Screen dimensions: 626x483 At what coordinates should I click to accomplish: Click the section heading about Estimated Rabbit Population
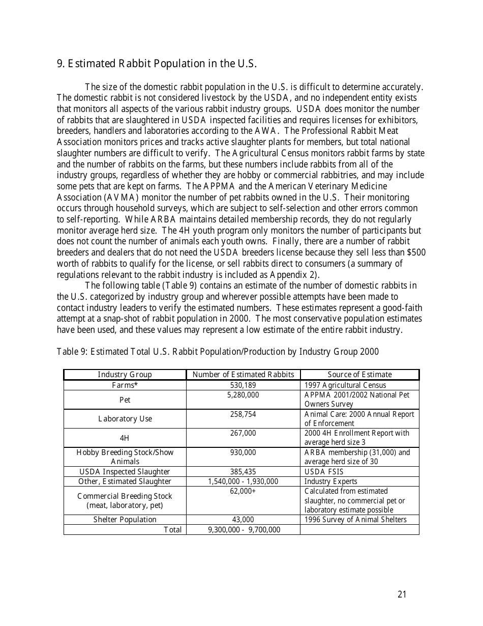tap(157, 64)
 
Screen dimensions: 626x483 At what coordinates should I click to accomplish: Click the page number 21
tap(402, 594)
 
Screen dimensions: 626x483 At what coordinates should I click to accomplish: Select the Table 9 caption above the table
tap(218, 352)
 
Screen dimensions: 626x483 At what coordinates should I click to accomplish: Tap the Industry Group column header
tap(125, 375)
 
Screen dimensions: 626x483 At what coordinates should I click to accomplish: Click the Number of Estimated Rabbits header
tap(243, 375)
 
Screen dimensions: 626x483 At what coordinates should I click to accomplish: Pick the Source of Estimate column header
tap(359, 375)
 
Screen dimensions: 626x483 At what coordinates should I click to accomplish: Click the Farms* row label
tap(125, 385)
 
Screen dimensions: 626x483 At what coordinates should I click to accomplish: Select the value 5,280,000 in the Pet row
tap(243, 395)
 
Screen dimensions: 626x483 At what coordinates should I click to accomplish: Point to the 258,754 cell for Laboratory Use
tap(243, 414)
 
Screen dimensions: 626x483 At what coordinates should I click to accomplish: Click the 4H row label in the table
tap(125, 438)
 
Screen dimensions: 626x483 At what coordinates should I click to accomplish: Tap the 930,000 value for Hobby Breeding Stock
tap(243, 452)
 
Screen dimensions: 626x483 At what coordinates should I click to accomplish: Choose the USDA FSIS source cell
tap(324, 472)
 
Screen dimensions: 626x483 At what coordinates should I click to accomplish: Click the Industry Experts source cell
tap(330, 481)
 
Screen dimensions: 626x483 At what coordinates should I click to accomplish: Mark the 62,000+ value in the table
tap(243, 491)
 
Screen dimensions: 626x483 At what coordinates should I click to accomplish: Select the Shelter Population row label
tap(125, 520)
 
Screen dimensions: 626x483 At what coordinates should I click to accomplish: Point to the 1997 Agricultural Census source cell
tap(345, 385)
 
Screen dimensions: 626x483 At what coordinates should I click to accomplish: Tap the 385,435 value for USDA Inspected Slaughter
tap(243, 472)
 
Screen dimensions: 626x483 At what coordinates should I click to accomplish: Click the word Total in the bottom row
tap(172, 530)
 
